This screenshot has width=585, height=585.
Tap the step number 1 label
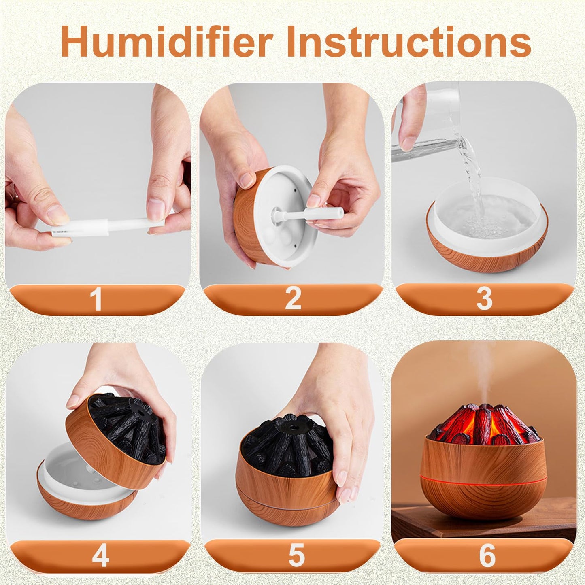96,300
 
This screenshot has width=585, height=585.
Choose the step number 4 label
100,555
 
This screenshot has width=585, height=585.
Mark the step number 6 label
487,555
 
